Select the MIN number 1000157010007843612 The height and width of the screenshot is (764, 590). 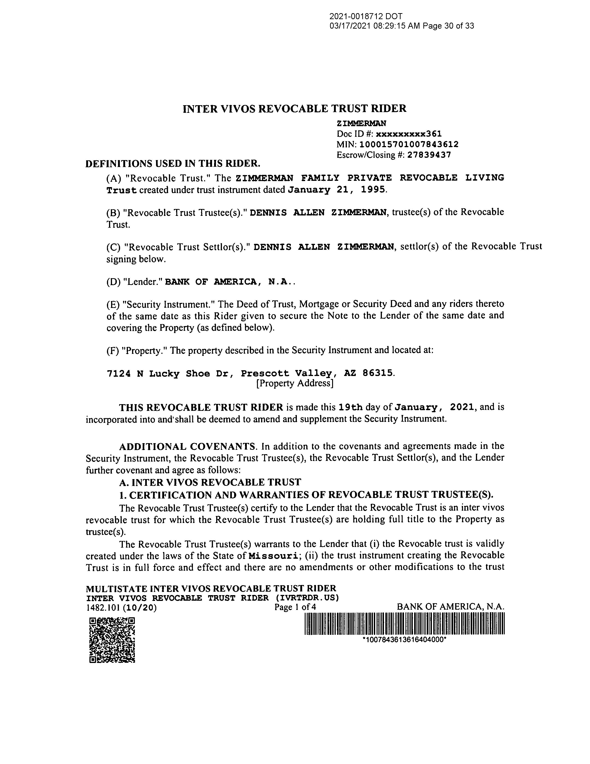pos(409,144)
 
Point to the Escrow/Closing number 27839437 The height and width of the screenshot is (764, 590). pos(429,155)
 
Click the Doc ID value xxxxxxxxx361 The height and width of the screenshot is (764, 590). pos(409,134)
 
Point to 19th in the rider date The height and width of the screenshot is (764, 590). pos(351,408)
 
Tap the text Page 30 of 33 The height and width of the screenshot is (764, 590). pos(448,26)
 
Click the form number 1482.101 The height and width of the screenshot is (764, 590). pos(103,608)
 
